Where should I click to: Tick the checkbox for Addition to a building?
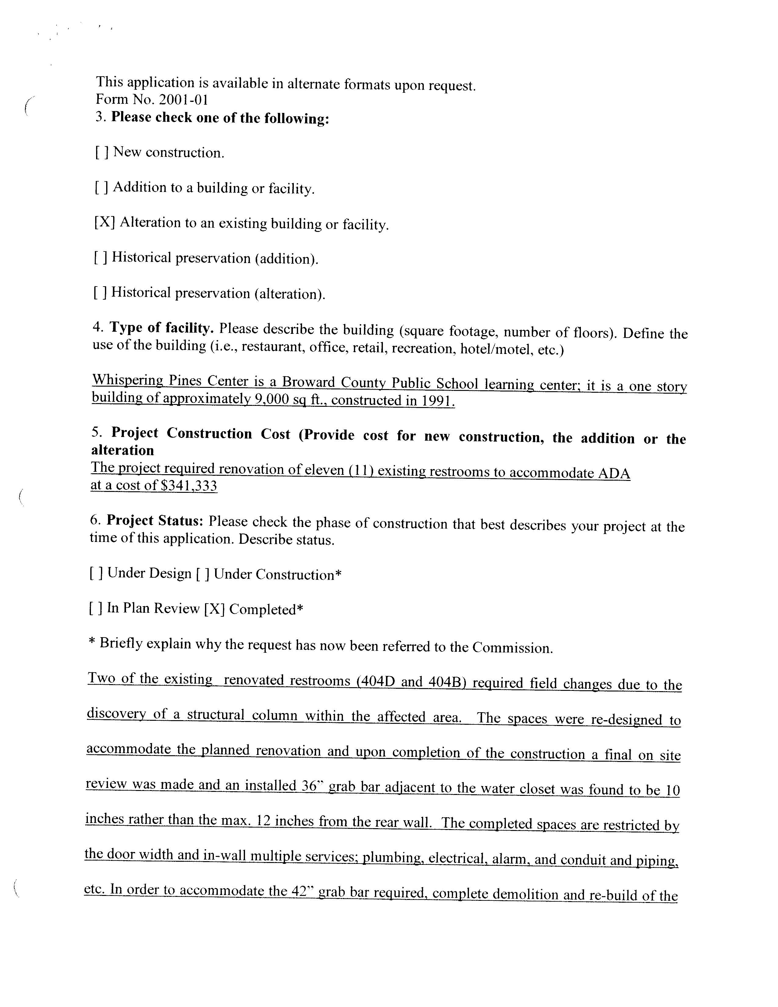pos(101,187)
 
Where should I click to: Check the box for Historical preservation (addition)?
pos(100,257)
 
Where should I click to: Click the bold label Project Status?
pos(155,521)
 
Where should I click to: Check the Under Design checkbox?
pos(96,573)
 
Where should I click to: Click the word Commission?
pos(512,648)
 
